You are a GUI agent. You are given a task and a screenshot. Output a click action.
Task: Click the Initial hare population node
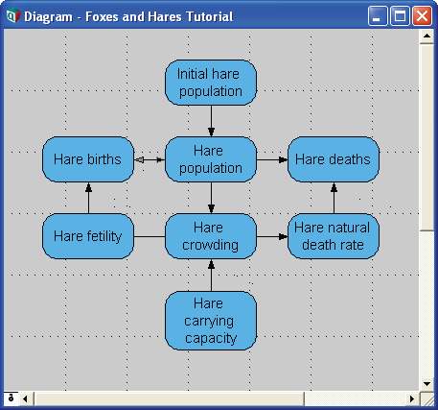(211, 83)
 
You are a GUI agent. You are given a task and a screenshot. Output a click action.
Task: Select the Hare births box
(88, 159)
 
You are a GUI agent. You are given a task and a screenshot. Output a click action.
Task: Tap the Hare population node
(211, 159)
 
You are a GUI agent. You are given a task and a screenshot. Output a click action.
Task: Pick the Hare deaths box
(334, 159)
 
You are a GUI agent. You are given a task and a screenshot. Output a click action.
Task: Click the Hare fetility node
(88, 236)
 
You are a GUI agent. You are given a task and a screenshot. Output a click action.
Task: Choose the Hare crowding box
(211, 236)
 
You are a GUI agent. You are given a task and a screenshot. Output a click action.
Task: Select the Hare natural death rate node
(334, 236)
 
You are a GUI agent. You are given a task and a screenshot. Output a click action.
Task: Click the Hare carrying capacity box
(211, 321)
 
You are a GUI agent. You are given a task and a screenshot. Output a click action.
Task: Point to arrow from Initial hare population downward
(211, 121)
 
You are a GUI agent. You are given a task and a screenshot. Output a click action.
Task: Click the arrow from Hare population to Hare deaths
(272, 159)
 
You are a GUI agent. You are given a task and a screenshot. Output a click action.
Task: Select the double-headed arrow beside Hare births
(150, 159)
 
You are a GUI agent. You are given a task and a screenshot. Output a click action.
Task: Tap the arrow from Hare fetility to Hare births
(88, 198)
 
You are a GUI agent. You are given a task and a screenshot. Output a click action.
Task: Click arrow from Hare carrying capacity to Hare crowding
(211, 276)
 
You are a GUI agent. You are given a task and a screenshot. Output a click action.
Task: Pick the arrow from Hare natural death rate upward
(334, 198)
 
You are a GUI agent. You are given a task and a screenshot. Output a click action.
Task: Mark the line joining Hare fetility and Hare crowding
(150, 237)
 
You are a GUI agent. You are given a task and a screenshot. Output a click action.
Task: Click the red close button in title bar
(422, 15)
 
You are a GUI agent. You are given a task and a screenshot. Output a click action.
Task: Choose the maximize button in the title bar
(400, 15)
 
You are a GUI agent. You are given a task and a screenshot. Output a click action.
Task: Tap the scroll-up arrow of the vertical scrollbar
(426, 36)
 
